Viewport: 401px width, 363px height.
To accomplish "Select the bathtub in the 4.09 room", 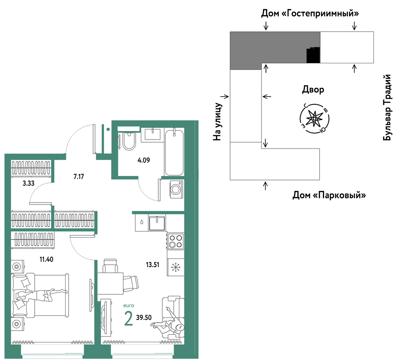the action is pos(174,152).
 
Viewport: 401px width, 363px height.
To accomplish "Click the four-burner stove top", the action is pos(175,241).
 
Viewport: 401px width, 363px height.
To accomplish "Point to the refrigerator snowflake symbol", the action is pos(176,267).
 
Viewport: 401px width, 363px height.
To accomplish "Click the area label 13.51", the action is pos(152,265).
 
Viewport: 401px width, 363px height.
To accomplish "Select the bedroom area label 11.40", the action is pos(46,259).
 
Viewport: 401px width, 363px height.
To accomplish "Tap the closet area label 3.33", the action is pos(28,183).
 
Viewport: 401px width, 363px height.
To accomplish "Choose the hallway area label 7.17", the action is pos(79,176).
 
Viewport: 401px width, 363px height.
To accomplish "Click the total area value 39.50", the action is pos(144,318).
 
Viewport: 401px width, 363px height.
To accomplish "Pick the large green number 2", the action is pos(128,318).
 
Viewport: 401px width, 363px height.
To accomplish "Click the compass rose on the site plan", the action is pos(314,118).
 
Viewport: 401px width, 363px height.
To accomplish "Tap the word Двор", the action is pos(313,89).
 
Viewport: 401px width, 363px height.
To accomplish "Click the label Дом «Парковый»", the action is pos(329,195).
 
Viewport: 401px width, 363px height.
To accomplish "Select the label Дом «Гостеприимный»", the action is pos(310,13).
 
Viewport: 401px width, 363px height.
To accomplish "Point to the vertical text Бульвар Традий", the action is pos(387,108).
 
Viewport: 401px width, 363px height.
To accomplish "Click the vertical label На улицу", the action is pos(217,122).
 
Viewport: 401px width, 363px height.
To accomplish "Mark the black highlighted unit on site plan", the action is pos(313,55).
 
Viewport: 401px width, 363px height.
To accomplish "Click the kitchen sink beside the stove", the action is pos(157,223).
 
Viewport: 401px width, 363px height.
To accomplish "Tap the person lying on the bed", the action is pos(41,295).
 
